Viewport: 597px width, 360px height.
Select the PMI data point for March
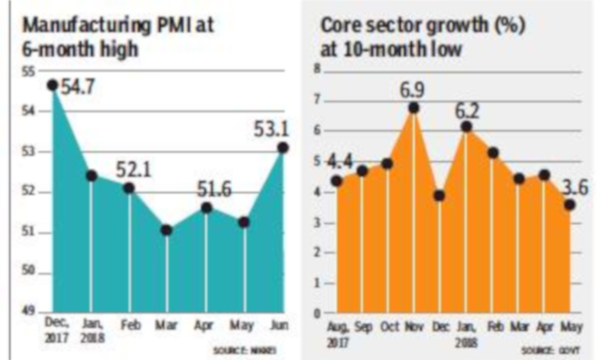167,230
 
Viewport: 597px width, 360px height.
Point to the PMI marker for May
244,221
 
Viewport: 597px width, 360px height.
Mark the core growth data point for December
439,196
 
